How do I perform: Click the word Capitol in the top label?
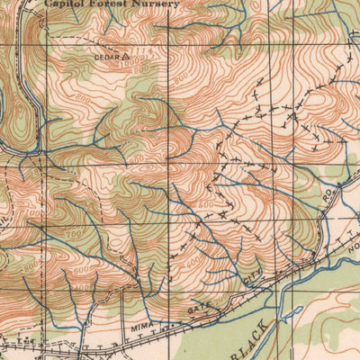point(65,4)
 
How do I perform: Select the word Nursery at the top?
point(156,4)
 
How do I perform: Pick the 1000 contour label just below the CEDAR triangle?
point(136,68)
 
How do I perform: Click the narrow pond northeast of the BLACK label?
point(290,312)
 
